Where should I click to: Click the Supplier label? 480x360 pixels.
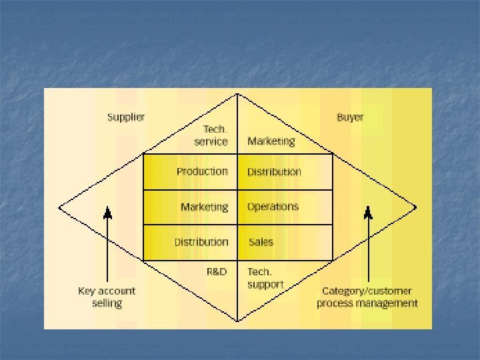point(126,117)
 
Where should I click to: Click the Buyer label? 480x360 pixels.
point(350,117)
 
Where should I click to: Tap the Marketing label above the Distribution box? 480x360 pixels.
point(271,141)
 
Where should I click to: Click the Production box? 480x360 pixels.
point(191,171)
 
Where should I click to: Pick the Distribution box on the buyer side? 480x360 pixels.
point(285,171)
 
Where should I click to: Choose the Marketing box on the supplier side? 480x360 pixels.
point(191,207)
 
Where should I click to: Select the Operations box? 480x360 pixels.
point(285,207)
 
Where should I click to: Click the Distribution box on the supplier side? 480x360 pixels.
point(191,242)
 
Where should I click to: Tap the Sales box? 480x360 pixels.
point(285,242)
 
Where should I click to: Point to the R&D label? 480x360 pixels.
point(217,271)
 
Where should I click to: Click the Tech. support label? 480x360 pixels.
point(265,278)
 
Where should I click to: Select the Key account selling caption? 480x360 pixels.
point(107,297)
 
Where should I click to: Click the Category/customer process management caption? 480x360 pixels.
point(367,297)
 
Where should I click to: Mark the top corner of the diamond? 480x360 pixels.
point(238,94)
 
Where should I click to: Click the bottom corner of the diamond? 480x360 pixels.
point(238,321)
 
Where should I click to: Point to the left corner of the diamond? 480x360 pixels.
point(59,207)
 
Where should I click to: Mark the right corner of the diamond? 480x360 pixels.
point(417,207)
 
